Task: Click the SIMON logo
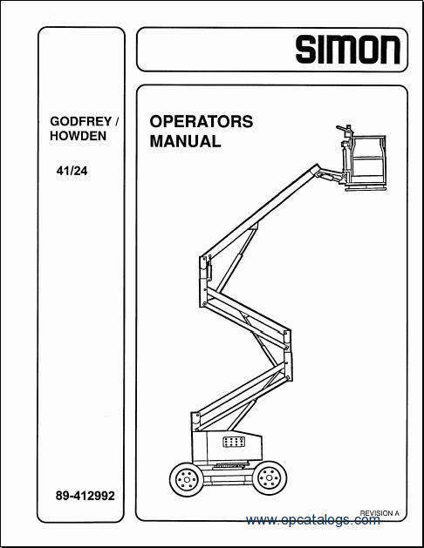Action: click(x=348, y=50)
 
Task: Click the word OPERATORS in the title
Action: click(x=202, y=122)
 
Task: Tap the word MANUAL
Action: click(x=186, y=141)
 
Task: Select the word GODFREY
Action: click(x=81, y=122)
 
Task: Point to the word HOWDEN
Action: click(x=78, y=136)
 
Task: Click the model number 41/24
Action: click(x=72, y=172)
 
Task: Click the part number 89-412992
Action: click(x=85, y=496)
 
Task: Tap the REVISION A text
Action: click(x=380, y=513)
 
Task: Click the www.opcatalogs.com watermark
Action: click(x=312, y=520)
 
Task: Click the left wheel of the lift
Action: click(x=186, y=479)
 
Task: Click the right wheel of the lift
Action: click(x=270, y=478)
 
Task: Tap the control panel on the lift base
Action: click(x=233, y=442)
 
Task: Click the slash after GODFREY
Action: click(x=117, y=122)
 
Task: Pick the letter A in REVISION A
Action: click(x=397, y=513)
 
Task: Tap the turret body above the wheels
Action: click(x=227, y=447)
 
